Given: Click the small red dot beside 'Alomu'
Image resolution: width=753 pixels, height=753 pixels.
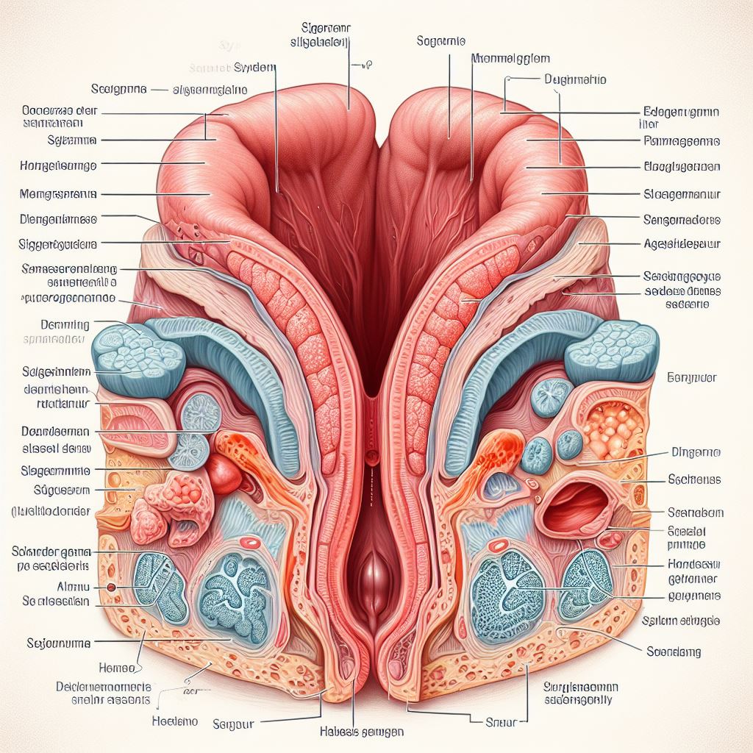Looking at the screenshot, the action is point(112,588).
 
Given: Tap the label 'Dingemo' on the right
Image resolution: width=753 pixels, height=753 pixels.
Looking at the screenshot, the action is point(695,454).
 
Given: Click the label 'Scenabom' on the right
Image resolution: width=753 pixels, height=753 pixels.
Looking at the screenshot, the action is point(695,512).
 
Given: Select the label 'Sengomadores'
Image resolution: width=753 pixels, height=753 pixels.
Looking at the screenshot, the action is point(682,219).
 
